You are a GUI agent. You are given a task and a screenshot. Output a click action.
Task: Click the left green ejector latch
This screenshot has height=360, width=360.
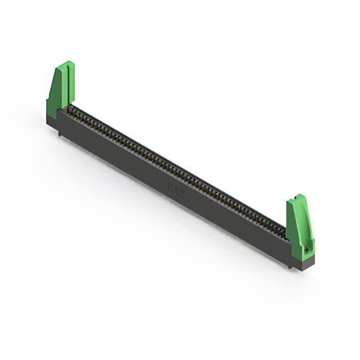(x=60, y=90)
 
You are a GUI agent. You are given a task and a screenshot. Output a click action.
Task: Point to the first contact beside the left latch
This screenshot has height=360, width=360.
(x=72, y=110)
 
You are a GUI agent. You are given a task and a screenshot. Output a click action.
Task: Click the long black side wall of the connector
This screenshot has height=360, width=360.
(x=169, y=180)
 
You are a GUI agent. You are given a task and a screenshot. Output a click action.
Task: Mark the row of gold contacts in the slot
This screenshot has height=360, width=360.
(x=174, y=169)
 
